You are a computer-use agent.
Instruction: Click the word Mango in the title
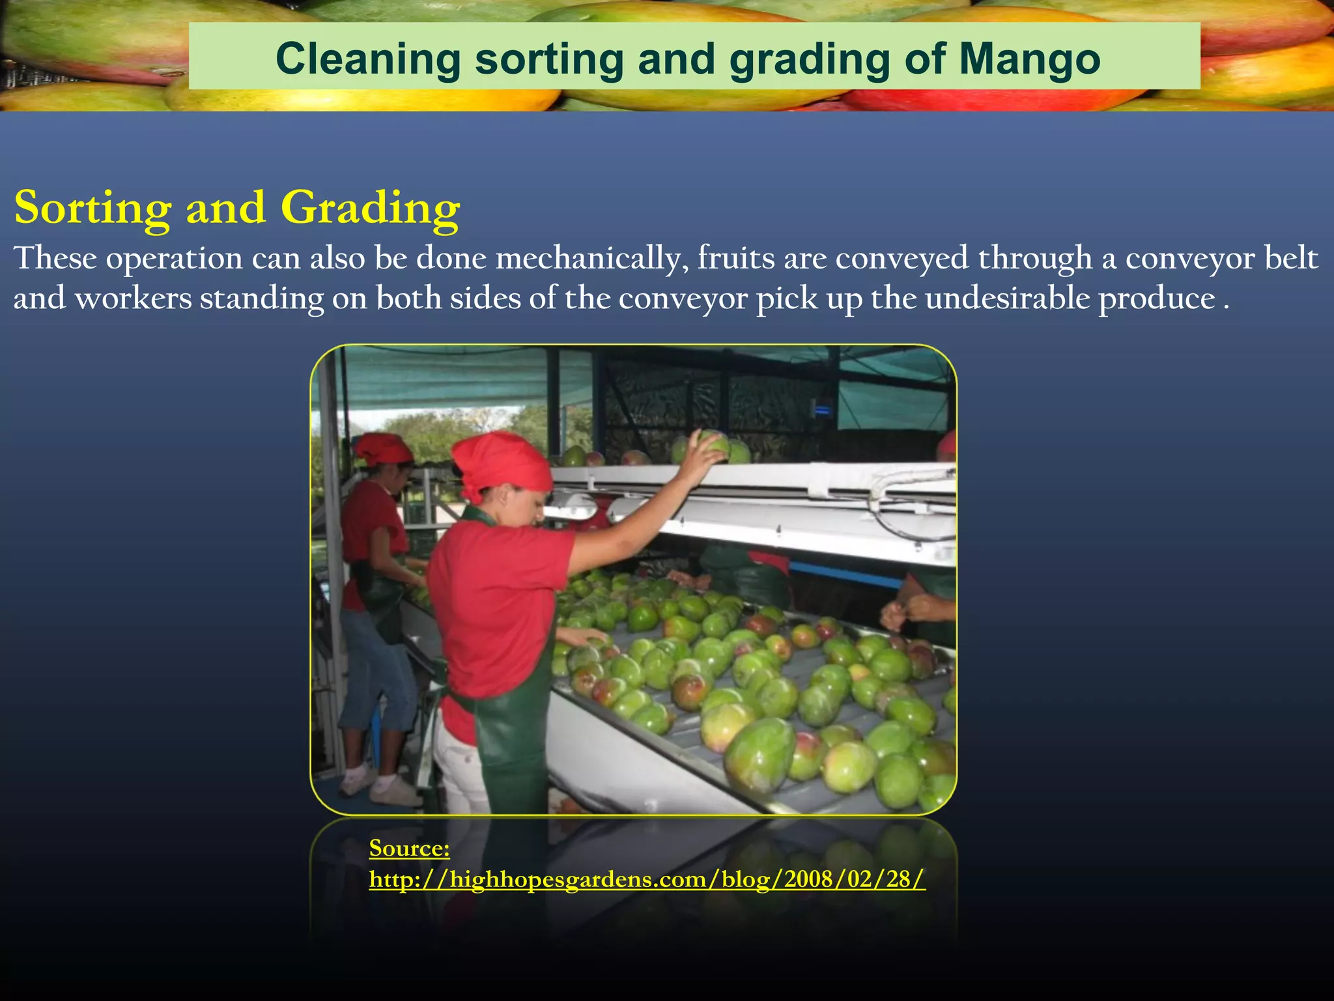click(x=1030, y=60)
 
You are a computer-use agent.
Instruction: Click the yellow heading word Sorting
click(x=92, y=209)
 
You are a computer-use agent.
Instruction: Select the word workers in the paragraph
click(x=134, y=299)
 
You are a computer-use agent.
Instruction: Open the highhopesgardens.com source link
click(x=646, y=879)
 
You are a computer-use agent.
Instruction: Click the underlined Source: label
click(x=409, y=848)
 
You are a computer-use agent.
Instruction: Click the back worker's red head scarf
click(x=383, y=448)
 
